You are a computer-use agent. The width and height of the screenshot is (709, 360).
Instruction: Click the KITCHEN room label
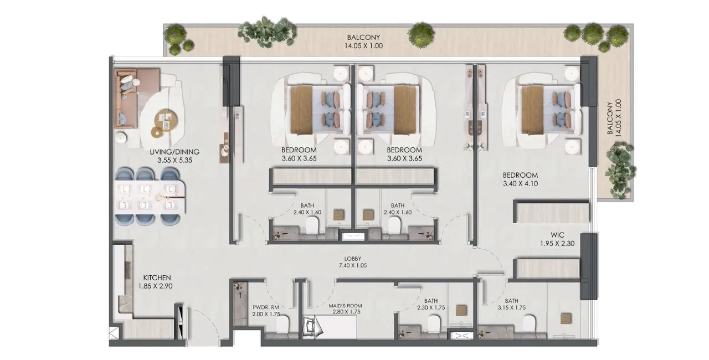[157, 277]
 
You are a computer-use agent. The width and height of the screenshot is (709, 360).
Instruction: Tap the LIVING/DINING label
[174, 152]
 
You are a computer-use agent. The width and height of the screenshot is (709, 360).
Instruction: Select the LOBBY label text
[353, 259]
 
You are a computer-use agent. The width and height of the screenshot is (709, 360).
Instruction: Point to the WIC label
[557, 235]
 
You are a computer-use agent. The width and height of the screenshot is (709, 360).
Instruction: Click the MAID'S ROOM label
[345, 306]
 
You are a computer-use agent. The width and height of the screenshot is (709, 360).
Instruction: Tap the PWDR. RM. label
[266, 307]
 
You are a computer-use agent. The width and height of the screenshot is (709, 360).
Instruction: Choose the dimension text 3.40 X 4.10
[520, 183]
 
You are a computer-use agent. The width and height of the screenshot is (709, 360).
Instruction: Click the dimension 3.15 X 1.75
[511, 307]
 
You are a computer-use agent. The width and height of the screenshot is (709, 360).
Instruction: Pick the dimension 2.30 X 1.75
[431, 307]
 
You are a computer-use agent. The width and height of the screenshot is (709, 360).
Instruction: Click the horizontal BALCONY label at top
[363, 37]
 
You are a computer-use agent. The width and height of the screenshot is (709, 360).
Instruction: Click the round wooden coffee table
[166, 121]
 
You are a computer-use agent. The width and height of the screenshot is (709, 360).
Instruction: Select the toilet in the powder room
[282, 323]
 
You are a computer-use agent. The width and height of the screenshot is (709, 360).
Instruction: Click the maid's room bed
[330, 327]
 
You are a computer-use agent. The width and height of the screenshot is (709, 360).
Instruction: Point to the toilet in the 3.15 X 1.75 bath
[529, 323]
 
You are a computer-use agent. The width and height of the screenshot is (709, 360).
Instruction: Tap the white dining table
[150, 197]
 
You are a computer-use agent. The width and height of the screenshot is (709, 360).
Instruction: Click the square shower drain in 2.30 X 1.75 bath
[461, 310]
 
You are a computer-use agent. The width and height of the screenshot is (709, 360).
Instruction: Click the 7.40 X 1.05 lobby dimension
[353, 265]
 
